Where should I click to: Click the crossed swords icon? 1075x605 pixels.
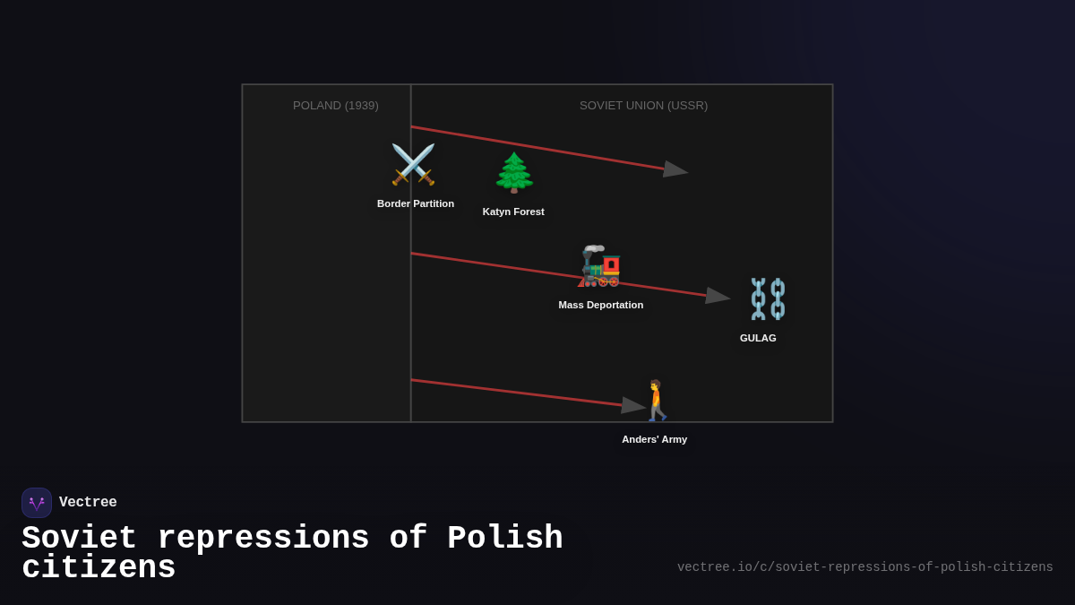pos(413,165)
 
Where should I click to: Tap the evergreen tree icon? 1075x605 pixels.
pos(514,173)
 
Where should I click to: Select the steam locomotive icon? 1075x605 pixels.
pos(599,265)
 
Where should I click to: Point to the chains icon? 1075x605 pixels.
pos(768,298)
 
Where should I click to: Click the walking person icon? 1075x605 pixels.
pos(657,401)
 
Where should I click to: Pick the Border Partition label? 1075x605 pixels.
pos(416,203)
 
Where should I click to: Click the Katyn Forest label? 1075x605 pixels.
pos(513,212)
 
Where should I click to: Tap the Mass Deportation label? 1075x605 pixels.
pos(601,305)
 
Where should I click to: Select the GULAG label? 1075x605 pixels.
pos(758,338)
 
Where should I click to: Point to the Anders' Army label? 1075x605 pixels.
pos(655,439)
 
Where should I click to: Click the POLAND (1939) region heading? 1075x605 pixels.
pos(336,106)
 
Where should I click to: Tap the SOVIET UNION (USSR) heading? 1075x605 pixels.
pos(643,106)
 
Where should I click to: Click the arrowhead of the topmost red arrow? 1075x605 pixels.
pos(675,169)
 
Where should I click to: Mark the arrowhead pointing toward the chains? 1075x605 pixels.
pos(718,296)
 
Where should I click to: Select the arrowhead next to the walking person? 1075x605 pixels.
pos(633,405)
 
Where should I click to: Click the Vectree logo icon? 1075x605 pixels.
pos(37,503)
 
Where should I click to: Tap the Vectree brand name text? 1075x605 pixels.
pos(88,503)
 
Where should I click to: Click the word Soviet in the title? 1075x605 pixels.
pos(79,539)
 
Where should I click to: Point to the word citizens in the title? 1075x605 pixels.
pos(99,568)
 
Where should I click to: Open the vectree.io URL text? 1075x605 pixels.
pos(864,567)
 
